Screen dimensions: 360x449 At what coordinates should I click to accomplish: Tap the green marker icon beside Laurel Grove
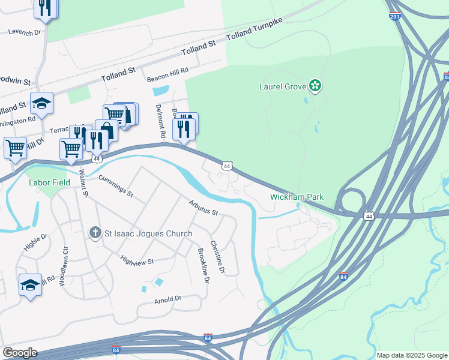(x=315, y=86)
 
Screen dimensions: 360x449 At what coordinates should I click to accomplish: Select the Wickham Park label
(x=297, y=197)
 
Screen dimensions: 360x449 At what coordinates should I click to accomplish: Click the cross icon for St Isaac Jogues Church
(x=94, y=233)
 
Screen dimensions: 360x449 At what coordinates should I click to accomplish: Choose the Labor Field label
(x=46, y=184)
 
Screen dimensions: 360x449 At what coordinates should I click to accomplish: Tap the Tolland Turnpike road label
(x=255, y=31)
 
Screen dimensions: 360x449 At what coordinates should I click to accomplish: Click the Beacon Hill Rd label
(x=168, y=70)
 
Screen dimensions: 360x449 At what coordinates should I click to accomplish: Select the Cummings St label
(x=115, y=185)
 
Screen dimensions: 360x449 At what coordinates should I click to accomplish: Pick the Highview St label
(x=137, y=260)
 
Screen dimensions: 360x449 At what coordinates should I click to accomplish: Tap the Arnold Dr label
(x=167, y=299)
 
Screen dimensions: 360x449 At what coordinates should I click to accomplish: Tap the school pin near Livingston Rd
(x=41, y=104)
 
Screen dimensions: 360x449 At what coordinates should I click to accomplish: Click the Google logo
(x=20, y=353)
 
